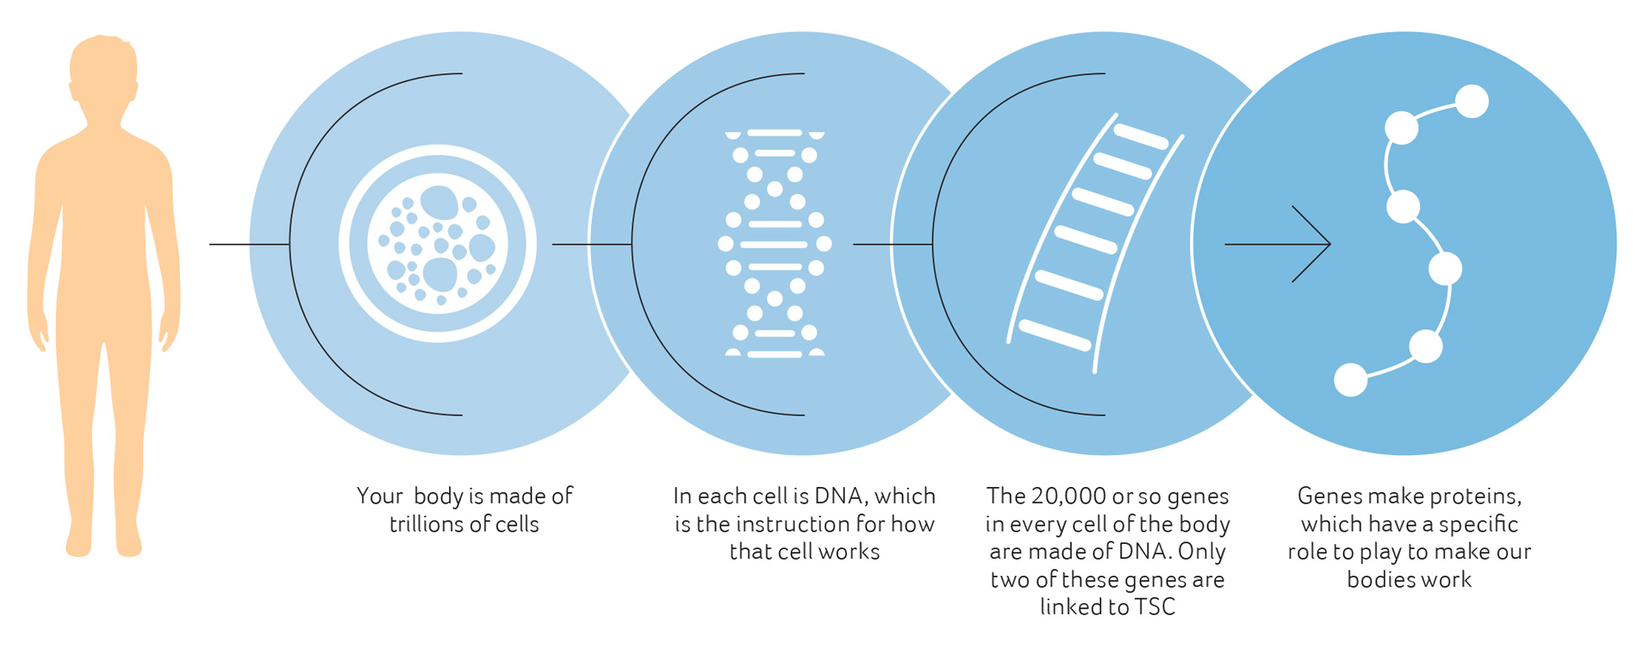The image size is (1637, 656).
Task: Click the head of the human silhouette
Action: pyautogui.click(x=103, y=73)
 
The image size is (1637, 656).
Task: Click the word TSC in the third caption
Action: pyautogui.click(x=1155, y=607)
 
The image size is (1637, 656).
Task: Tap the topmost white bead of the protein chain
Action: pyautogui.click(x=1472, y=102)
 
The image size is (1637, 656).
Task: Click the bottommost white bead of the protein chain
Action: pyautogui.click(x=1350, y=380)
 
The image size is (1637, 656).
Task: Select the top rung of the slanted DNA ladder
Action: pyautogui.click(x=1141, y=136)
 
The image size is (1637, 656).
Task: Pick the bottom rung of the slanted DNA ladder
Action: pyautogui.click(x=1055, y=335)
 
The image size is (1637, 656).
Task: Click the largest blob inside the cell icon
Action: pyautogui.click(x=440, y=275)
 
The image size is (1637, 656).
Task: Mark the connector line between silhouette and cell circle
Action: pyautogui.click(x=249, y=244)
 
